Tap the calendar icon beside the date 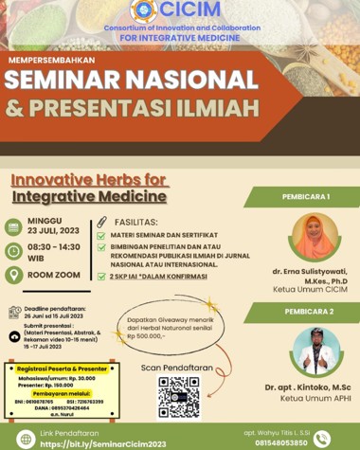(x=13, y=226)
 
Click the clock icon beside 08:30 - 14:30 (x=13, y=250)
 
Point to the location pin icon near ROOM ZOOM (x=13, y=275)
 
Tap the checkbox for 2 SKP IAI (x=102, y=277)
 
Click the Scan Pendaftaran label (x=178, y=367)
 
